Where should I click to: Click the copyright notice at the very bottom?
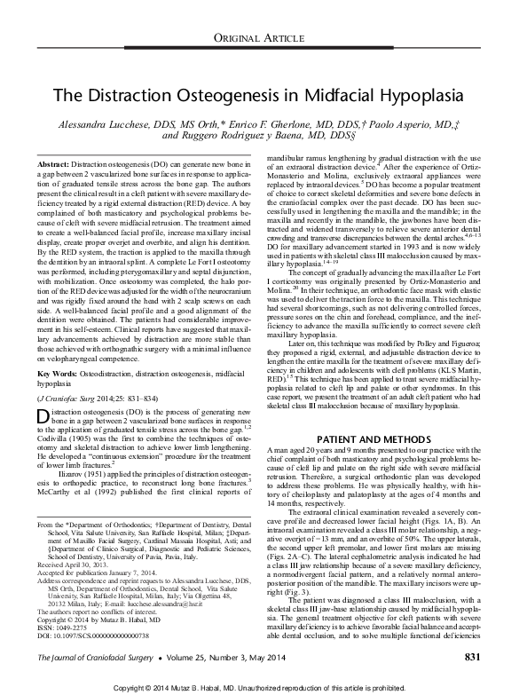259,686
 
